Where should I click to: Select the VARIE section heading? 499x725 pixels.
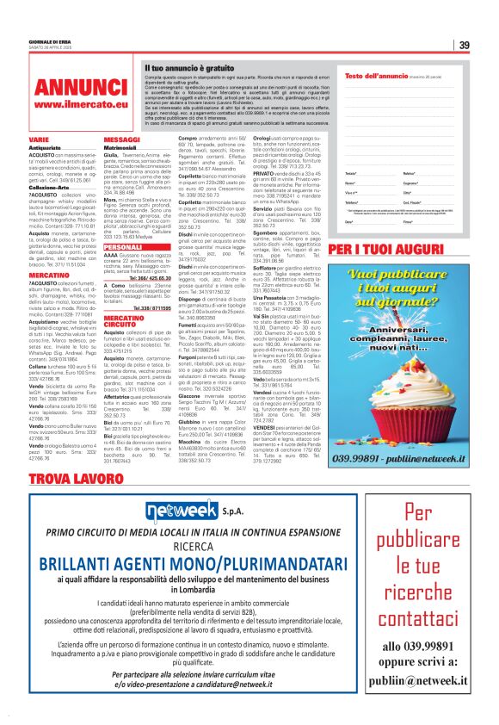pyautogui.click(x=39, y=139)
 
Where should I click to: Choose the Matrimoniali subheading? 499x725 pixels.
pyautogui.click(x=120, y=147)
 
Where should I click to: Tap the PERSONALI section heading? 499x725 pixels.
pyautogui.click(x=122, y=246)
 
